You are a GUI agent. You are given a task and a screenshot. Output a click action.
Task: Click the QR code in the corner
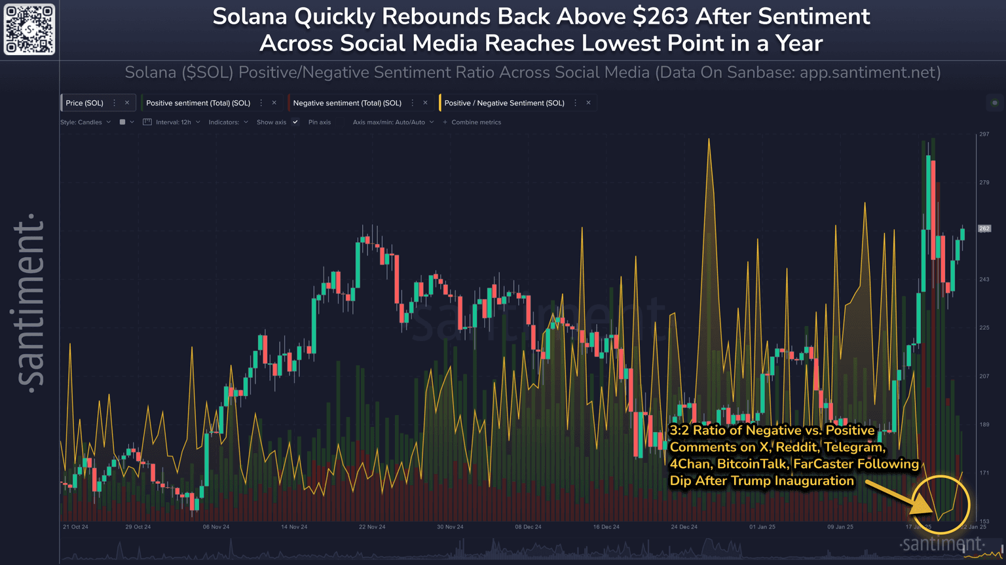click(x=29, y=29)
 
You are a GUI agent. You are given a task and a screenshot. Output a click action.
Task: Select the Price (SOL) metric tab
click(x=84, y=103)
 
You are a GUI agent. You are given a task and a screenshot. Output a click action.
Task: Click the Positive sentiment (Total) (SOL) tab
click(x=198, y=103)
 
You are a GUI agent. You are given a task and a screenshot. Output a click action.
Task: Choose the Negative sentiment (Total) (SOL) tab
click(x=347, y=103)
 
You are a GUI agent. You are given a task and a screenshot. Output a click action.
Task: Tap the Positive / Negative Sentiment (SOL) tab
click(x=504, y=103)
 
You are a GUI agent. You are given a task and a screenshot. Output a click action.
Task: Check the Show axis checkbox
click(x=295, y=122)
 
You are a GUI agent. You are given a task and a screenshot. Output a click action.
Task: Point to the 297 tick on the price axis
click(x=984, y=134)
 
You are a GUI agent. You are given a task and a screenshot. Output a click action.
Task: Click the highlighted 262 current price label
click(x=984, y=228)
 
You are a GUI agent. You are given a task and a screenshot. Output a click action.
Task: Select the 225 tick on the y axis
click(x=984, y=327)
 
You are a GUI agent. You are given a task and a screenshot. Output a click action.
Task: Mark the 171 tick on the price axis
click(x=984, y=473)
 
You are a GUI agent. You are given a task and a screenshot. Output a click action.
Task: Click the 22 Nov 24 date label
click(x=372, y=527)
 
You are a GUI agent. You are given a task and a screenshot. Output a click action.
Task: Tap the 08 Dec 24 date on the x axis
click(x=528, y=527)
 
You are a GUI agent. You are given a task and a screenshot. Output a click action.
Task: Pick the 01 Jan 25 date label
click(x=762, y=527)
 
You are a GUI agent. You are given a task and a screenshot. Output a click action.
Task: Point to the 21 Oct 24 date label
click(x=75, y=527)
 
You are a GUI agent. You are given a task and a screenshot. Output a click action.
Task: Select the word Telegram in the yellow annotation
click(x=853, y=447)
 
